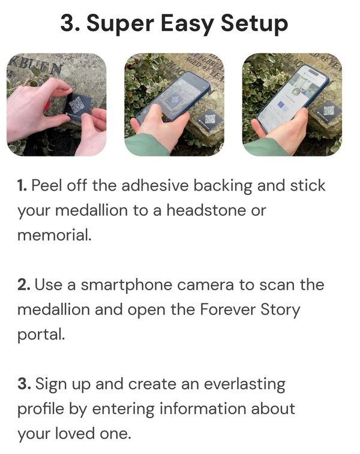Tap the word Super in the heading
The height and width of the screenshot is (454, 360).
125,24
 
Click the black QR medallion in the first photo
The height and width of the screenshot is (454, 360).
77,107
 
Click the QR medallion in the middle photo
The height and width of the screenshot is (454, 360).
209,119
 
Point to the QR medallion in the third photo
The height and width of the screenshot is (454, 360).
328,111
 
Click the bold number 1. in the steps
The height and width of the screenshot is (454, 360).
22,185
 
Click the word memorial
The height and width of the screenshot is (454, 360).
54,234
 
